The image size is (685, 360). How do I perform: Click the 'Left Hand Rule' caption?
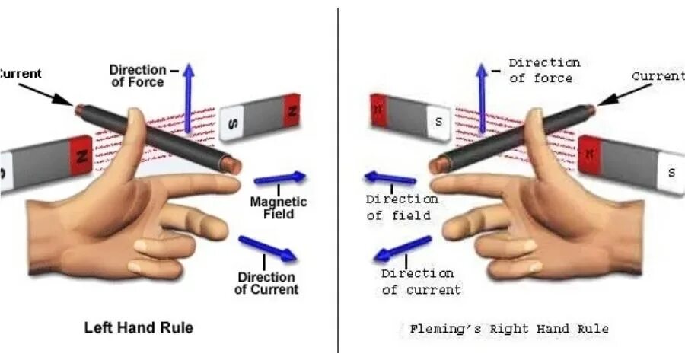coord(138,327)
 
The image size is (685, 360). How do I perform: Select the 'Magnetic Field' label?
coord(279,208)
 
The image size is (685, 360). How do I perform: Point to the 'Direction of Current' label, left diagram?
coord(266,282)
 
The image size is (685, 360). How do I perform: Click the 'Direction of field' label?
coord(402,207)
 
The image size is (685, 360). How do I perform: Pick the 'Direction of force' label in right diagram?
coord(544,70)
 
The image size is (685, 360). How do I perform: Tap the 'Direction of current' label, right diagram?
coord(421,281)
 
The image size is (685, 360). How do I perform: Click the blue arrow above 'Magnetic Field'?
coord(279,179)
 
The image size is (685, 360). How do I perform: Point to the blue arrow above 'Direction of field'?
coord(390,179)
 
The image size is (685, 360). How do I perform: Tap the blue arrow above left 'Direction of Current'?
coord(267,248)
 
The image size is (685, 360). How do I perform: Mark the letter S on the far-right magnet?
coord(671,172)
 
